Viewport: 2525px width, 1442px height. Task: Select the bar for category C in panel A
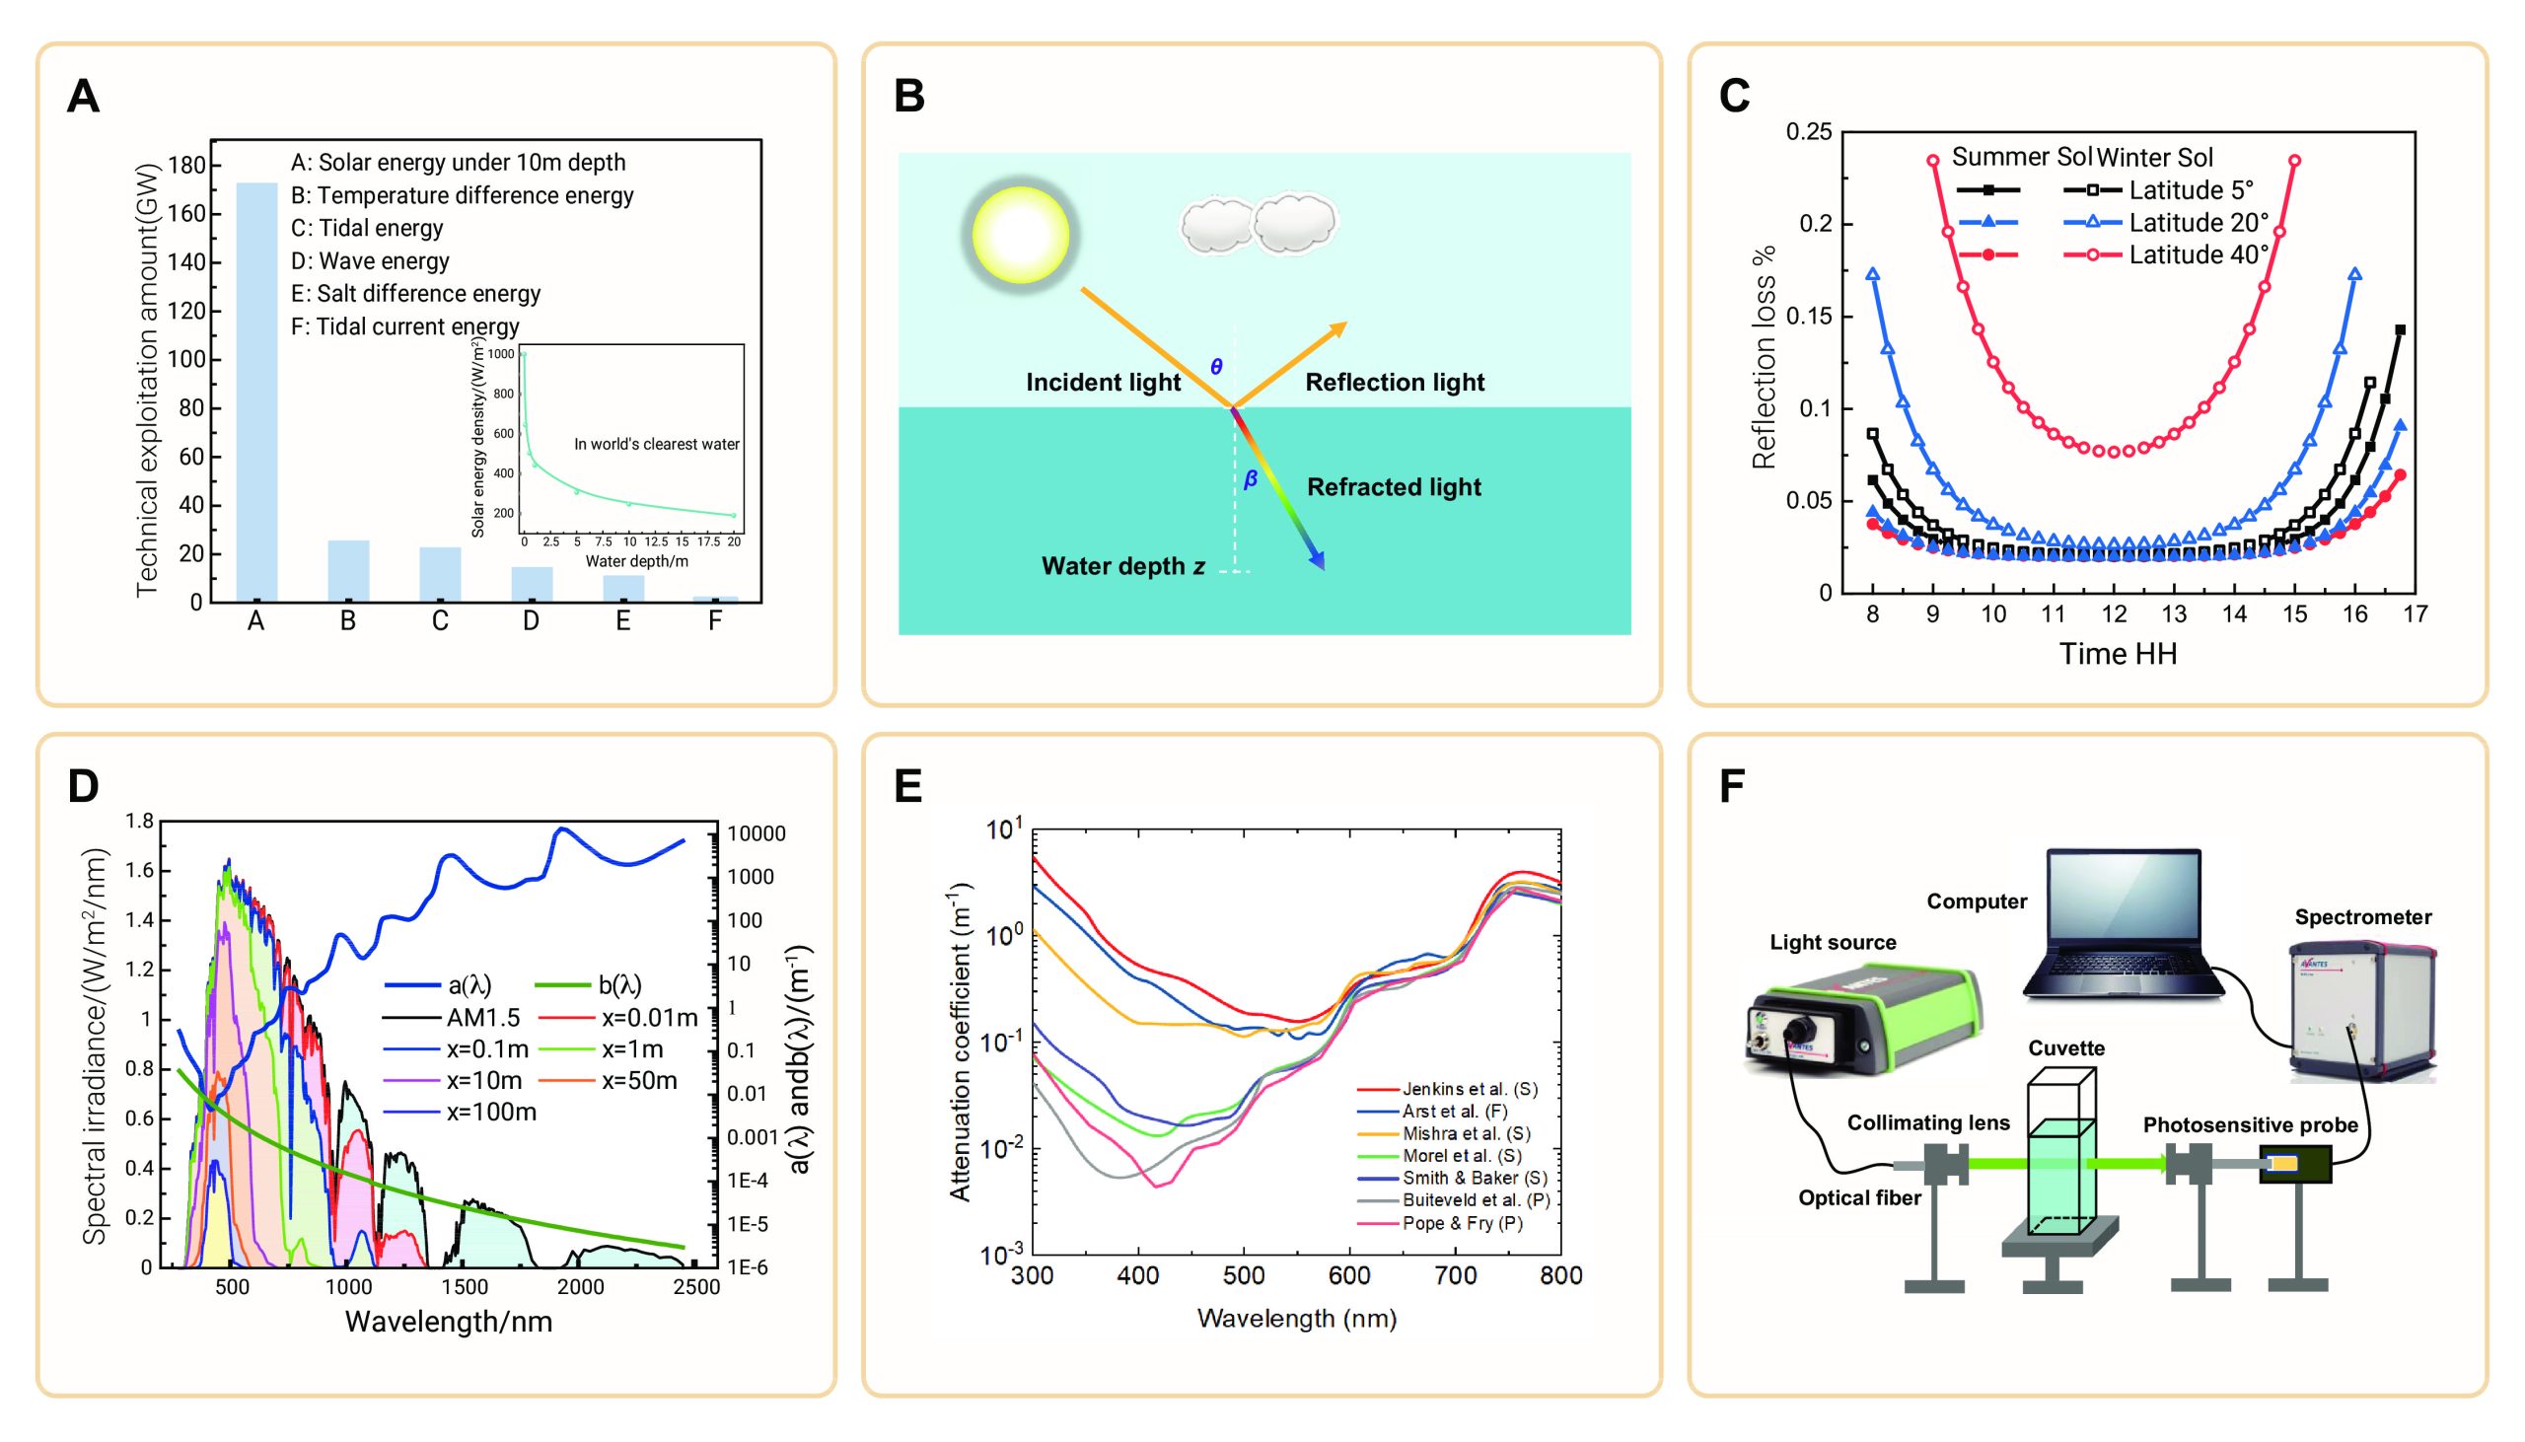[x=440, y=574]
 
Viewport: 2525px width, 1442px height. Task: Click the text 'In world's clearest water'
[x=657, y=444]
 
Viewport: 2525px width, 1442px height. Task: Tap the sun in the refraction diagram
[x=1020, y=235]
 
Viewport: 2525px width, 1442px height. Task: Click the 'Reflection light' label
[x=1395, y=383]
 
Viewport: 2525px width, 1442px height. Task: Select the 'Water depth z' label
[x=1122, y=566]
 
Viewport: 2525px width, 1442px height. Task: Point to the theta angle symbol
[x=1216, y=367]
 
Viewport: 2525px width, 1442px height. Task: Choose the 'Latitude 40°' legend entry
[x=2199, y=255]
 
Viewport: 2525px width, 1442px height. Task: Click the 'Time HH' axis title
[x=2118, y=654]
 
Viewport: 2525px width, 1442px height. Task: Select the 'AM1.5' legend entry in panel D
[x=482, y=1017]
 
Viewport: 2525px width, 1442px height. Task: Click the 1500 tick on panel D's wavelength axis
[x=465, y=1287]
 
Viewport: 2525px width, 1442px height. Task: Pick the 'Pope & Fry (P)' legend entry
[x=1462, y=1223]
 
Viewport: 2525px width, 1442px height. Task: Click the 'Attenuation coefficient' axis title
[x=959, y=1045]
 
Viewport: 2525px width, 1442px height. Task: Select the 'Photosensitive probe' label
[x=2250, y=1125]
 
